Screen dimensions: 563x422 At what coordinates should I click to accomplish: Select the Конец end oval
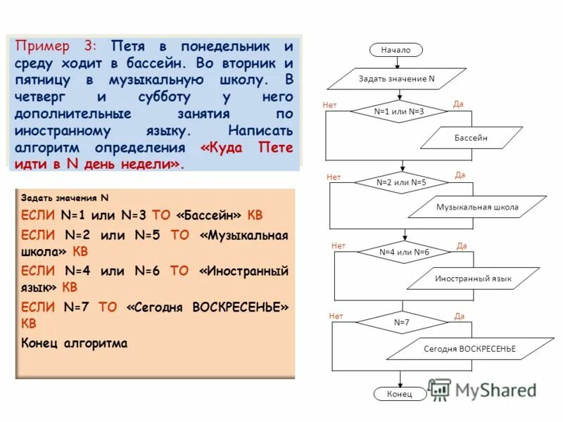(399, 394)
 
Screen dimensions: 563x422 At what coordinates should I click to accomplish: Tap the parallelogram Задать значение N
(397, 79)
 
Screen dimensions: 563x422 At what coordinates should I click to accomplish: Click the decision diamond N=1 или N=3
(399, 111)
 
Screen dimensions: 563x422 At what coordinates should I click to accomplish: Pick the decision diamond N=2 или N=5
(401, 182)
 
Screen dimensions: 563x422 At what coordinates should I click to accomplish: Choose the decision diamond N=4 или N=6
(404, 252)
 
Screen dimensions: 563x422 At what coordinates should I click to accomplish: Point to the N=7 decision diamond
(401, 322)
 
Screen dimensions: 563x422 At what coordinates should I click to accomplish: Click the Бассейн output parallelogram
(471, 138)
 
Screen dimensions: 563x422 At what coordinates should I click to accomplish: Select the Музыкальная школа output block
(477, 207)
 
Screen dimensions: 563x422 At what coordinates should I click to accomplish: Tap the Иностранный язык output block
(473, 279)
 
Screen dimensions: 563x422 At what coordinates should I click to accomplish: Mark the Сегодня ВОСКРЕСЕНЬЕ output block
(469, 349)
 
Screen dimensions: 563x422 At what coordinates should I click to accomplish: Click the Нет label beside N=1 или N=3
(329, 105)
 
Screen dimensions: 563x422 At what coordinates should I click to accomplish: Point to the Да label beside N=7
(459, 316)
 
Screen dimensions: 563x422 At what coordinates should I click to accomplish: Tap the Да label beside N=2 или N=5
(460, 175)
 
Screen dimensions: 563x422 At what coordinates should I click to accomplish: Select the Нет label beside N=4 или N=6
(338, 245)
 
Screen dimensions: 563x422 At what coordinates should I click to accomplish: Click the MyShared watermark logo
(481, 390)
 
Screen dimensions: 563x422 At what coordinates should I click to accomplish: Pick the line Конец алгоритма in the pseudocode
(75, 343)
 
